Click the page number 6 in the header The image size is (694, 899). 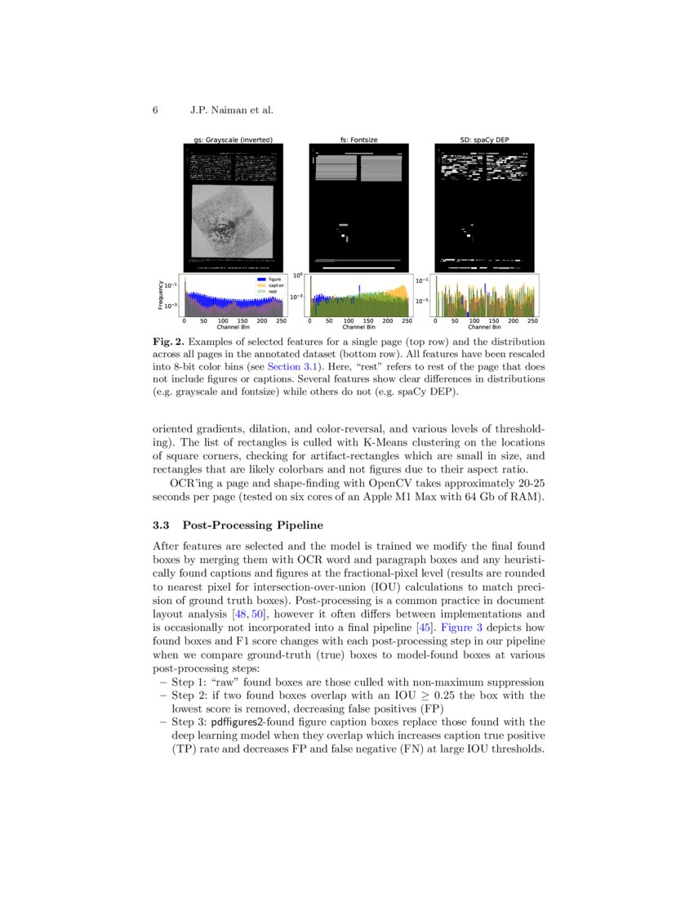155,110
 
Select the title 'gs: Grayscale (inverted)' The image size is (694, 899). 234,140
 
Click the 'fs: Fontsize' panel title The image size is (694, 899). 358,140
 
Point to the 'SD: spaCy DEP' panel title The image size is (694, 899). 485,140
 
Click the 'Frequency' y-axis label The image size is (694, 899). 161,295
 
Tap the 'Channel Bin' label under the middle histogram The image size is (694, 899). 358,328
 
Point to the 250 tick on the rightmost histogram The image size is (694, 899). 532,322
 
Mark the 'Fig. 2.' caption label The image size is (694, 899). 168,341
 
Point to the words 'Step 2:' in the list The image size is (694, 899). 190,695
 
